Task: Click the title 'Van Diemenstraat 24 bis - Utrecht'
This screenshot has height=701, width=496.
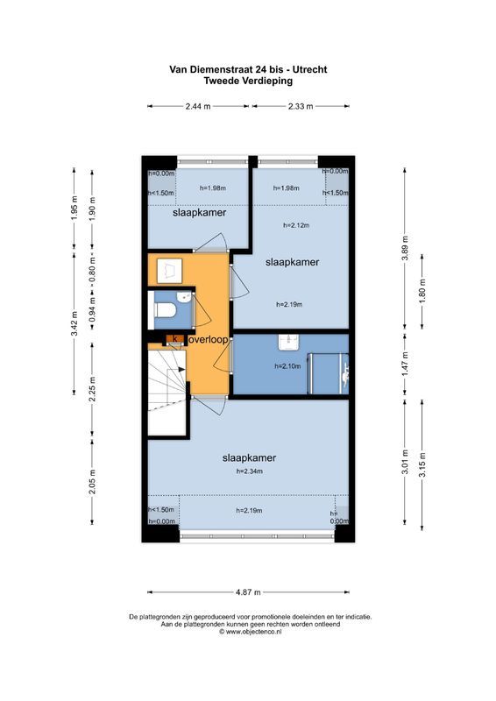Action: pos(248,68)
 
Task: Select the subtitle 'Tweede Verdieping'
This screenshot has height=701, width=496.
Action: pos(248,80)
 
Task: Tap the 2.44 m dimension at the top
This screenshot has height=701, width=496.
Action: pos(198,106)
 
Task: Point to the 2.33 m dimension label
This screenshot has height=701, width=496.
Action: pos(301,106)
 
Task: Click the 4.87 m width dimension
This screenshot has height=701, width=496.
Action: pos(249,590)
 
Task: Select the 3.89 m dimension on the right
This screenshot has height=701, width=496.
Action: pos(404,248)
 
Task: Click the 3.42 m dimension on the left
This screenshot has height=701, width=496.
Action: pos(74,322)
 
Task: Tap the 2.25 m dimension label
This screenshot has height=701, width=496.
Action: pos(93,388)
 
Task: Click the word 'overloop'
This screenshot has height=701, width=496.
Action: pos(208,338)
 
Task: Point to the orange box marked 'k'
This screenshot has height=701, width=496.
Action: pos(175,337)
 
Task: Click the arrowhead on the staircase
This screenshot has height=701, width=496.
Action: pos(182,370)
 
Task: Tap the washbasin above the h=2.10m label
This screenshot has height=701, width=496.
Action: pos(287,343)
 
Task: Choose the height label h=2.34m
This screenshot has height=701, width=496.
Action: pos(250,471)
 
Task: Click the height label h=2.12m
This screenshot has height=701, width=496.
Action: pos(296,225)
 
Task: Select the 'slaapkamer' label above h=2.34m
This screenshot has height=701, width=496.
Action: pos(250,457)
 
